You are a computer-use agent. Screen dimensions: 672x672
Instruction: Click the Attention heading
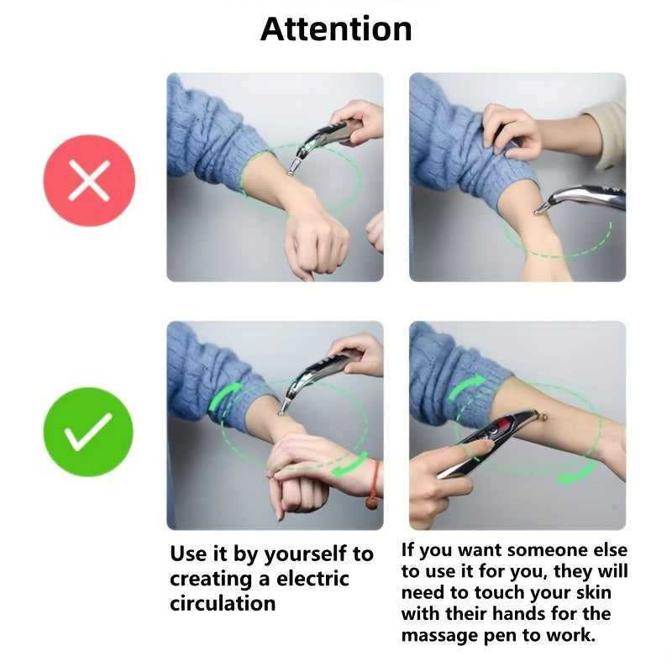pos(336,29)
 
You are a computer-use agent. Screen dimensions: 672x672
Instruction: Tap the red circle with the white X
pos(89,181)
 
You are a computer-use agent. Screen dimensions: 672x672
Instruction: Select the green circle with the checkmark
pos(89,432)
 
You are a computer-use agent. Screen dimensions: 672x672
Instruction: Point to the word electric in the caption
pos(312,579)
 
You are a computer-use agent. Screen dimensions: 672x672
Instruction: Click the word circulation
pos(223,603)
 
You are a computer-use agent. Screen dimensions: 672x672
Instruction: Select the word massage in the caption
pos(439,635)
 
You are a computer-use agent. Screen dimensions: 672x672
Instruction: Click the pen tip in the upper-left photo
pos(290,173)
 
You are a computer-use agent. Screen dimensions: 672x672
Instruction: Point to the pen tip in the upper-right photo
pos(537,212)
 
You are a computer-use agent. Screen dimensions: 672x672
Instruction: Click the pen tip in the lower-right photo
pos(544,415)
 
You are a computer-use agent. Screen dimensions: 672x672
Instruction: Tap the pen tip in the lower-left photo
pos(281,412)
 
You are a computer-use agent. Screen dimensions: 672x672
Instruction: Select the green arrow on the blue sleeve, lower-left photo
pos(224,396)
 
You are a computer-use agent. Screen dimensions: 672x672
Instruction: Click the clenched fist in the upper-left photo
pos(317,245)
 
